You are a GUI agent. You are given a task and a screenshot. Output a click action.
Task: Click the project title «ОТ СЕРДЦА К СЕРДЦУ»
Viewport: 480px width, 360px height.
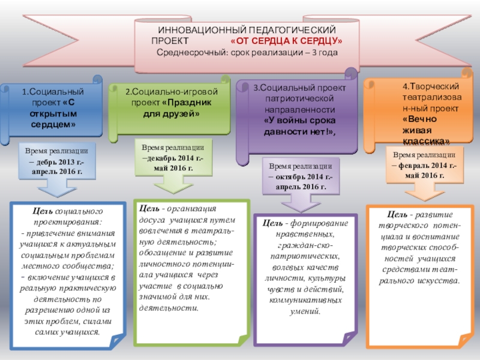(286, 41)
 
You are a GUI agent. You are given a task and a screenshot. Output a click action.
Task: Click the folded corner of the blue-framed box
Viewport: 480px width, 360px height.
(117, 341)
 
